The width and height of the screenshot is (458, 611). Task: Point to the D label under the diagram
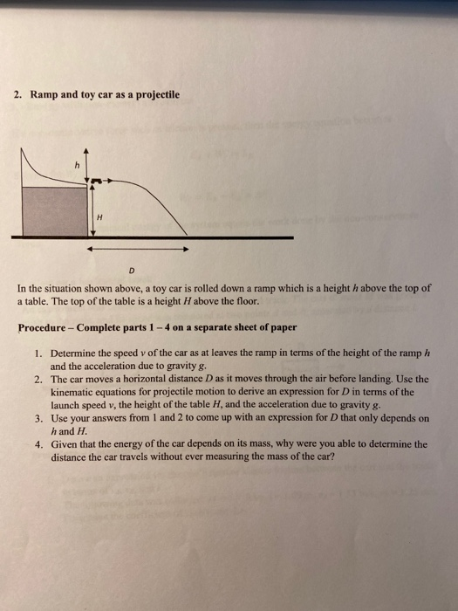(132, 270)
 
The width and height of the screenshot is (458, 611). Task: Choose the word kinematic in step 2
(77, 393)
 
